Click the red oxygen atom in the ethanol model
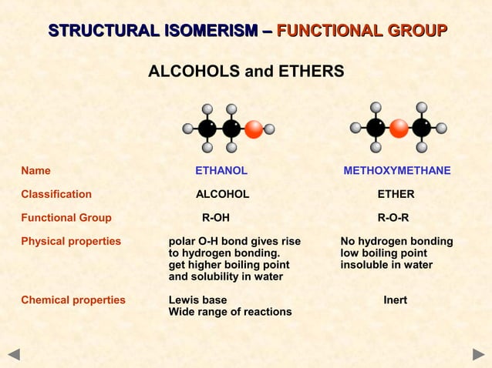pos(254,129)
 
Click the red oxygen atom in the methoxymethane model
pos(399,128)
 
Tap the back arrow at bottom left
pos(14,355)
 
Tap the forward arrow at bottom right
pos(478,355)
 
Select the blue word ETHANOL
pos(221,171)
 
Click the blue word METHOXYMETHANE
pos(397,171)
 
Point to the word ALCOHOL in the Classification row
pos(222,194)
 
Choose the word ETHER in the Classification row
pos(396,194)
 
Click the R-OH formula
pos(215,218)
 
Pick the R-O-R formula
pos(393,218)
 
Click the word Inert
pos(396,300)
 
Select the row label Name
pos(35,171)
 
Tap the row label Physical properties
pos(71,242)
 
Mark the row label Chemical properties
pos(73,300)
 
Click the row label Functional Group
pos(66,218)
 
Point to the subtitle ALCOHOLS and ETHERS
pos(246,72)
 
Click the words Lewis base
pos(198,300)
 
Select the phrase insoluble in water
pos(386,266)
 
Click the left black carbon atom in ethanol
pos(207,128)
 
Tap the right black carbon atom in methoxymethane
pos(422,128)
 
